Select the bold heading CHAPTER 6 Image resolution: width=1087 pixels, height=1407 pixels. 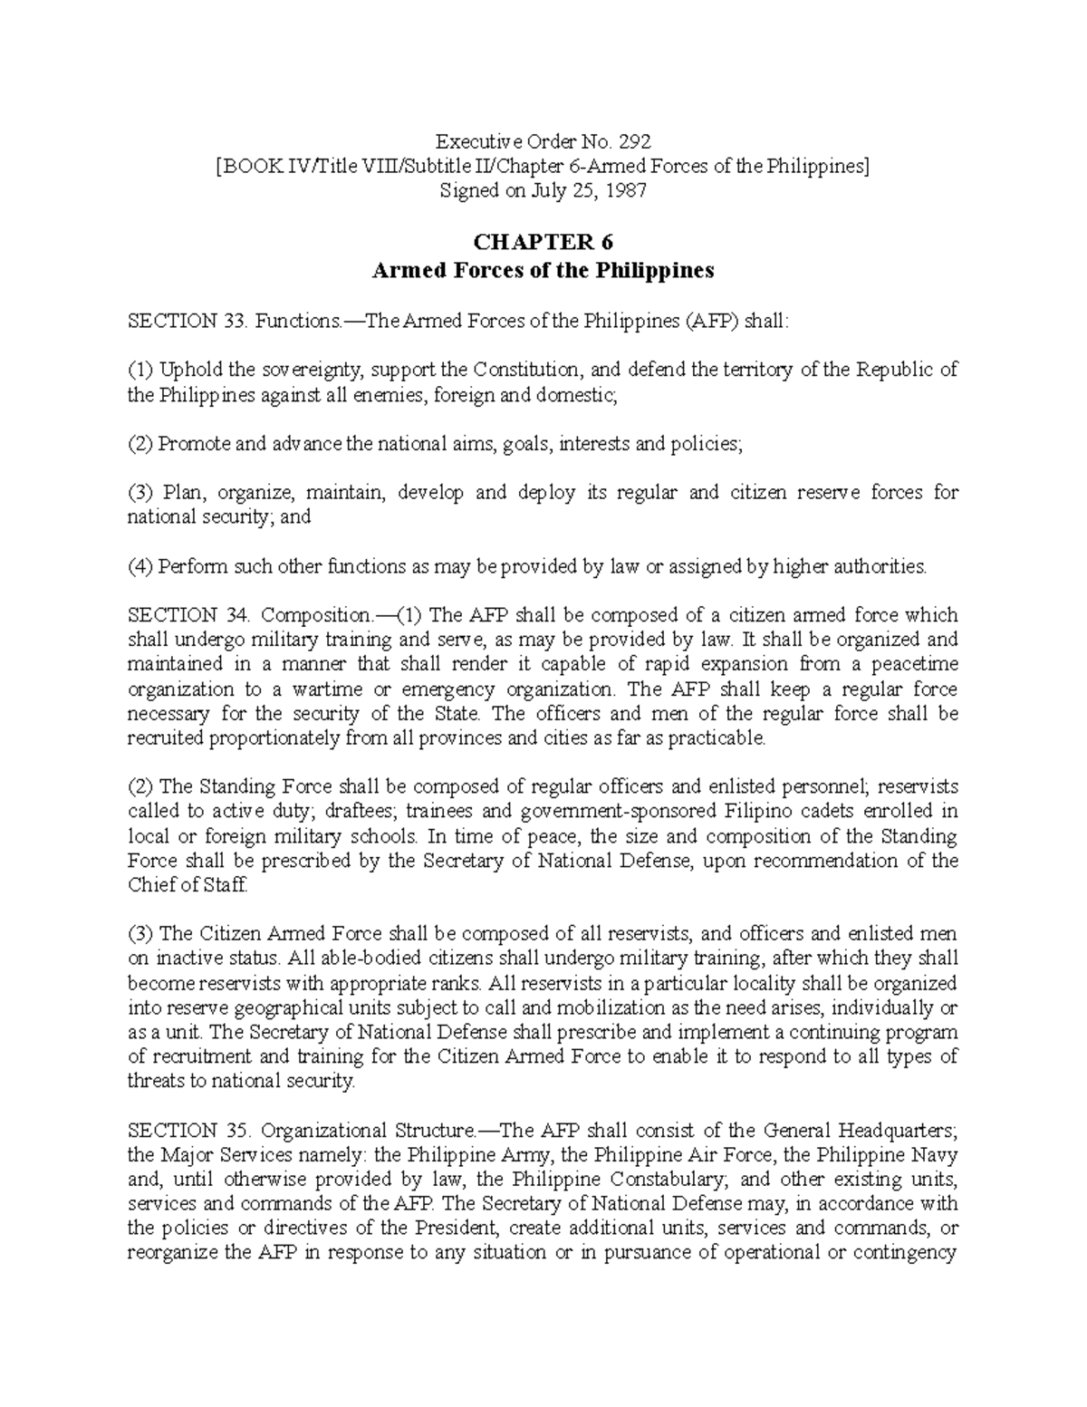(543, 243)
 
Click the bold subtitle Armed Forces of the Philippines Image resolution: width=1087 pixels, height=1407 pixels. (543, 270)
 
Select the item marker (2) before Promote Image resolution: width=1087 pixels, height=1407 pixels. (140, 444)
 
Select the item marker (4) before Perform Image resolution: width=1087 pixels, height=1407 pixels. (140, 567)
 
